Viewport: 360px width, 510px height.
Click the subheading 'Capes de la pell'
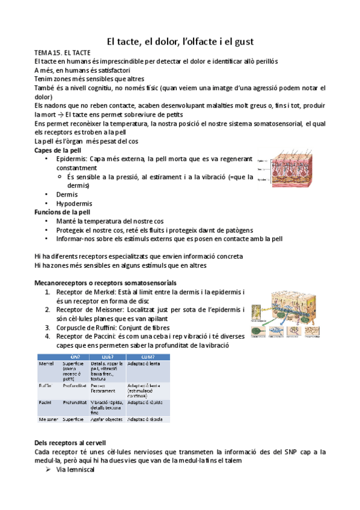(x=58, y=149)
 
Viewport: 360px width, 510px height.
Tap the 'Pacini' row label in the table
(x=45, y=402)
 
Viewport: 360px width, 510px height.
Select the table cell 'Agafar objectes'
(x=107, y=419)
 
